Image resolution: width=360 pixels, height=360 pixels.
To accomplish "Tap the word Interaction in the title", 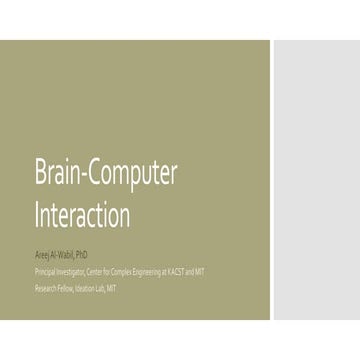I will tap(82, 214).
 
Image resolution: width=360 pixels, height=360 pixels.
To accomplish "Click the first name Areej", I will tap(43, 254).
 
